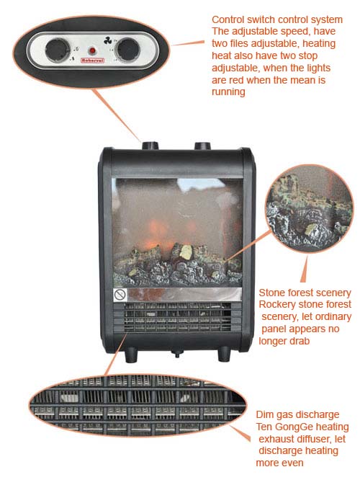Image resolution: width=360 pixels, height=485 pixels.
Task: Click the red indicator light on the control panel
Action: pyautogui.click(x=92, y=50)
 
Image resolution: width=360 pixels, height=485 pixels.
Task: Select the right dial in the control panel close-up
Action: pyautogui.click(x=127, y=49)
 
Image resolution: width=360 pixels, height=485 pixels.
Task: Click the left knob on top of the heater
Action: pyautogui.click(x=150, y=145)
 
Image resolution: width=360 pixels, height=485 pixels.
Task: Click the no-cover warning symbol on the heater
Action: pyautogui.click(x=120, y=295)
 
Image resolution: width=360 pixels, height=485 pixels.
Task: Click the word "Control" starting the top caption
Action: pyautogui.click(x=229, y=19)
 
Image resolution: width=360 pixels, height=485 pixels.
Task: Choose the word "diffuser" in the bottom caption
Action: pyautogui.click(x=321, y=439)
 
